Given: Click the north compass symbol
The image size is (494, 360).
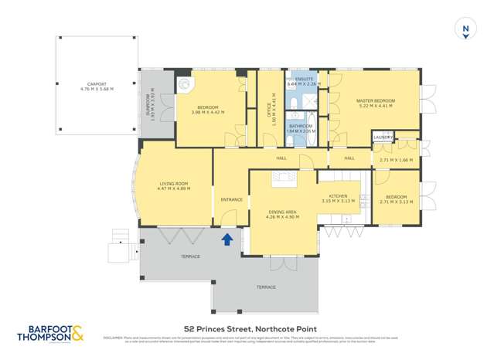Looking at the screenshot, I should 465,29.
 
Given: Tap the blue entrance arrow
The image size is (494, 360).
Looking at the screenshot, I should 227,239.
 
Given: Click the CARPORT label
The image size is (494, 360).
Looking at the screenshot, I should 97,85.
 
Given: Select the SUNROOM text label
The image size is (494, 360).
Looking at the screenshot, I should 148,104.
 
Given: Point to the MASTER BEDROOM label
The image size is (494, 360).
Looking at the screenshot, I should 375,101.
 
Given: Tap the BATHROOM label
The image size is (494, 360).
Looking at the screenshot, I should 301,126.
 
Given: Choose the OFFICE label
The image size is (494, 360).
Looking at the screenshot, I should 268,104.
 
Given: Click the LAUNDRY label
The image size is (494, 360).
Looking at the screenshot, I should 383,138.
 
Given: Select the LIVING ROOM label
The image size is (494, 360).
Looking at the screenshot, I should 173,184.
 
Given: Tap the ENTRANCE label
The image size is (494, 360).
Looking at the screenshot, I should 231,199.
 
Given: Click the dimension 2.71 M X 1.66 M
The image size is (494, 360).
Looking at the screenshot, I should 396,160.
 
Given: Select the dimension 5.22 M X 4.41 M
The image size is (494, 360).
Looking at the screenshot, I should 375,107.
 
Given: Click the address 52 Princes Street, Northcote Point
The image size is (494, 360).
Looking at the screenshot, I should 247,328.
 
